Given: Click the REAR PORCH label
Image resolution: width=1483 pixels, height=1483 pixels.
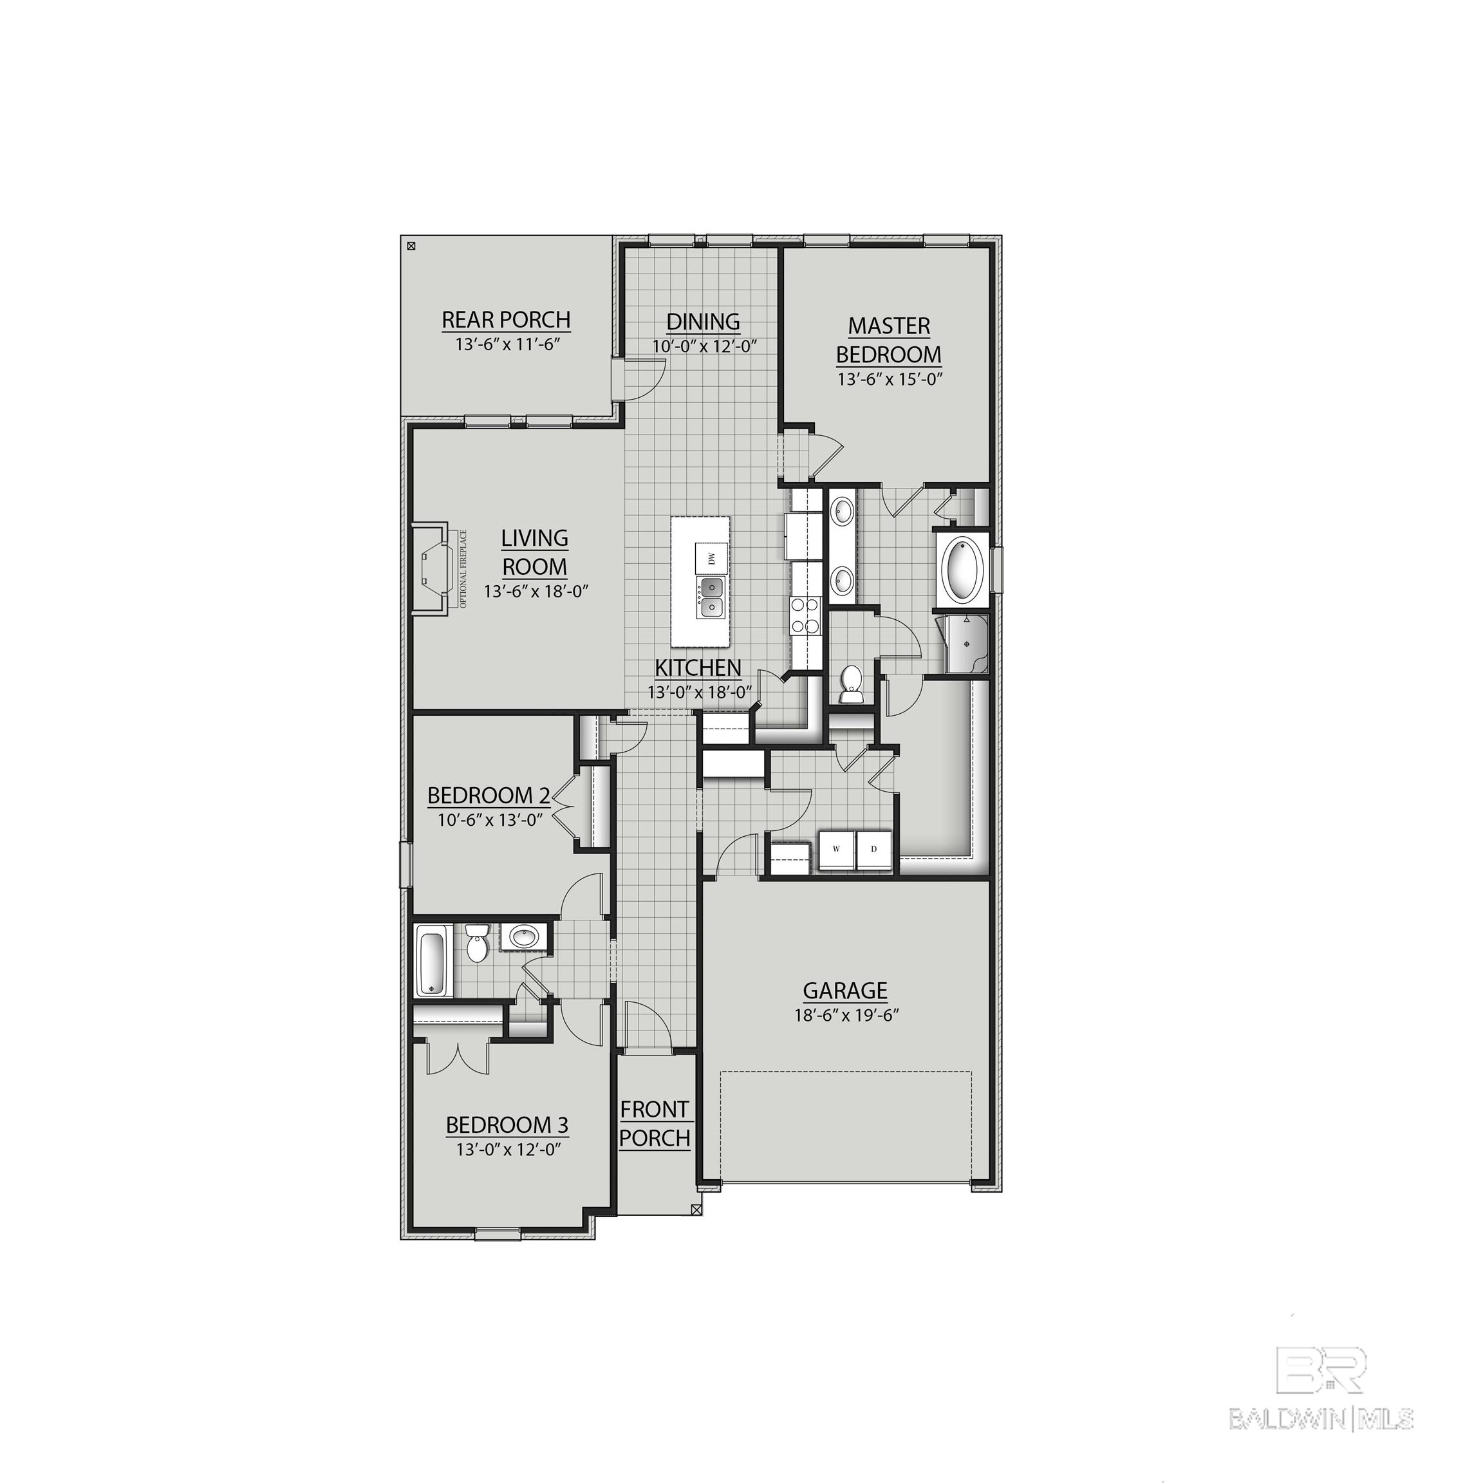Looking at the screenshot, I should pyautogui.click(x=506, y=319).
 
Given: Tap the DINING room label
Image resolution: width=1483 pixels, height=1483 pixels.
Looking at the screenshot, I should pyautogui.click(x=702, y=322).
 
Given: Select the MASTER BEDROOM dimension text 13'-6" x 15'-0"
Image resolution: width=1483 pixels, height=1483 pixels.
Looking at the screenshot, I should pyautogui.click(x=889, y=378).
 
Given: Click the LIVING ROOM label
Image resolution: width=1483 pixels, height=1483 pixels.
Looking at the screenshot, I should pyautogui.click(x=534, y=553).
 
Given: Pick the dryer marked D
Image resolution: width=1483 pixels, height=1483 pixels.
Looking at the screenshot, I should pyautogui.click(x=873, y=850).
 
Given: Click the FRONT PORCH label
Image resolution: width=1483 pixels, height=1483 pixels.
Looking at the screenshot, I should pyautogui.click(x=654, y=1124).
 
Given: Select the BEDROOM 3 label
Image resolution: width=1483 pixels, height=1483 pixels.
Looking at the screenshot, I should pyautogui.click(x=507, y=1124).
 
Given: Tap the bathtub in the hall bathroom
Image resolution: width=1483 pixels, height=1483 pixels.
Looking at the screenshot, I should pyautogui.click(x=432, y=961).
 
